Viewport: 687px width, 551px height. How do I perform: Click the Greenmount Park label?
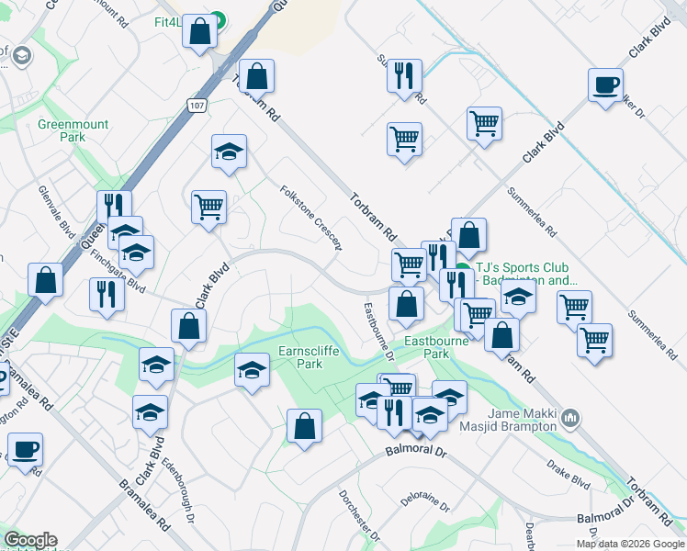pyautogui.click(x=73, y=130)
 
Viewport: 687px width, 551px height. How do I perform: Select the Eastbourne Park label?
pyautogui.click(x=438, y=346)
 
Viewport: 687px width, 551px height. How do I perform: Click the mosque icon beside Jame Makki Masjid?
pyautogui.click(x=570, y=419)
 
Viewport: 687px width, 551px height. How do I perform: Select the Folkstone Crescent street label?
pyautogui.click(x=312, y=217)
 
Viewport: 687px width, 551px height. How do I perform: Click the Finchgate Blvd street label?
pyautogui.click(x=118, y=273)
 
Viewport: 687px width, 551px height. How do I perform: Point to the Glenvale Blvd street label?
pyautogui.click(x=57, y=208)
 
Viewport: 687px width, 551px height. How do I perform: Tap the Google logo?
pyautogui.click(x=30, y=541)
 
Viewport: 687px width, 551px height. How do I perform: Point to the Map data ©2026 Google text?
pyautogui.click(x=629, y=544)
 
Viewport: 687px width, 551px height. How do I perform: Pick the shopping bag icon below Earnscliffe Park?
pyautogui.click(x=304, y=426)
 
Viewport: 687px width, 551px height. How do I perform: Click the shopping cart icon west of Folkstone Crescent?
pyautogui.click(x=209, y=207)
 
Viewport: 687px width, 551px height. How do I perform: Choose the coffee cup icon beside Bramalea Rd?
pyautogui.click(x=25, y=450)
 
